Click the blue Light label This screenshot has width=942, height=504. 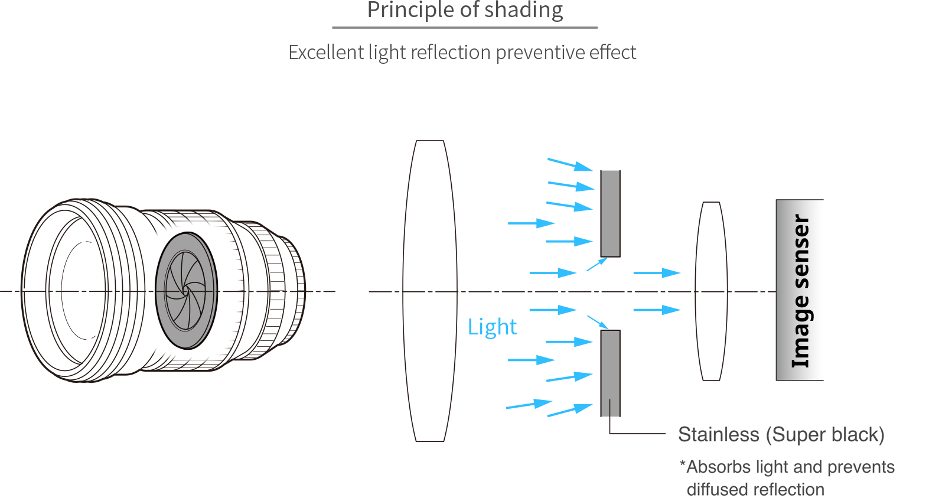point(492,327)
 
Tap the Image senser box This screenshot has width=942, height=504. point(799,290)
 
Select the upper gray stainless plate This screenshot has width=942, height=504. point(610,213)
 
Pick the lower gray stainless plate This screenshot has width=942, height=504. point(610,373)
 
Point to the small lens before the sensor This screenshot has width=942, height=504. point(711,291)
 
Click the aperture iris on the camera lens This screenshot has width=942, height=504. point(186,291)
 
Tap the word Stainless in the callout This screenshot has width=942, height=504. point(718,435)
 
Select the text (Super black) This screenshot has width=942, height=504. point(825,435)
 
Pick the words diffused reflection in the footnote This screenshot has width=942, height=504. point(755,490)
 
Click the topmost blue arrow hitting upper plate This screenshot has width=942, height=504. point(570,164)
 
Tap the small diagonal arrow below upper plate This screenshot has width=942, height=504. point(597,264)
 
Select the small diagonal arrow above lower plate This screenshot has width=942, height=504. point(598,322)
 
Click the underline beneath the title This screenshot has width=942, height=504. point(465,27)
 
